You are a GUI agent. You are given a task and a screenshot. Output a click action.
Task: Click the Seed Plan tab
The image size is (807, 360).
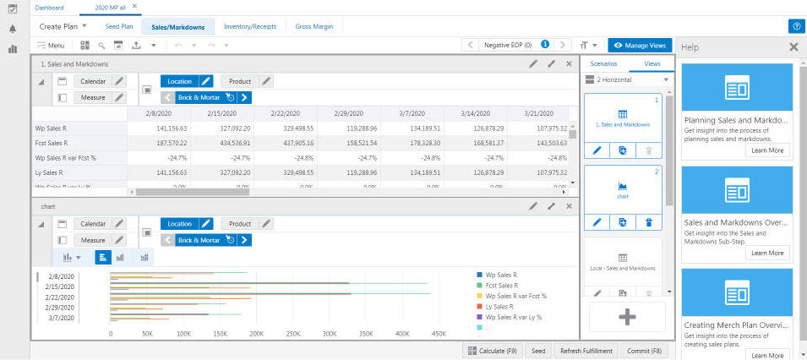(x=119, y=27)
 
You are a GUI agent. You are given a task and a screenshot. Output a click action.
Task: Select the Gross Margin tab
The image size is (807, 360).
(x=313, y=27)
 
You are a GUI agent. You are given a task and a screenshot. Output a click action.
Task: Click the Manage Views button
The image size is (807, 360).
(x=640, y=45)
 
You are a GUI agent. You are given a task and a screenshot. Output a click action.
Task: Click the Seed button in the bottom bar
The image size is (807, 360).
(x=538, y=351)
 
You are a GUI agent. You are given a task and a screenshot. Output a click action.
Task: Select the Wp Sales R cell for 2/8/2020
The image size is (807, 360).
(x=164, y=128)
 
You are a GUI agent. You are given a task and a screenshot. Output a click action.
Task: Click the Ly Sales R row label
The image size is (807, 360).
(x=51, y=172)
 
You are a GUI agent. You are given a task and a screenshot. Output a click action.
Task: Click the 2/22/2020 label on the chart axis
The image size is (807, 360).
(x=60, y=297)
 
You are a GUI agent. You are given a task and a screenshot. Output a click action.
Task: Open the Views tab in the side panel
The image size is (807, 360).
(x=652, y=63)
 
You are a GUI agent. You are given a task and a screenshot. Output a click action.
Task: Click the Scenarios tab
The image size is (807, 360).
(x=603, y=63)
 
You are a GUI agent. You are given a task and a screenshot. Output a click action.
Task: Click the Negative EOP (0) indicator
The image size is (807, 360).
(x=507, y=45)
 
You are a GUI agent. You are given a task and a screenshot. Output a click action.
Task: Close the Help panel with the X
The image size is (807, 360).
(x=793, y=47)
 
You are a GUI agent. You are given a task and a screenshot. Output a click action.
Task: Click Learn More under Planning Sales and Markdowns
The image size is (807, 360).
(x=767, y=150)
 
